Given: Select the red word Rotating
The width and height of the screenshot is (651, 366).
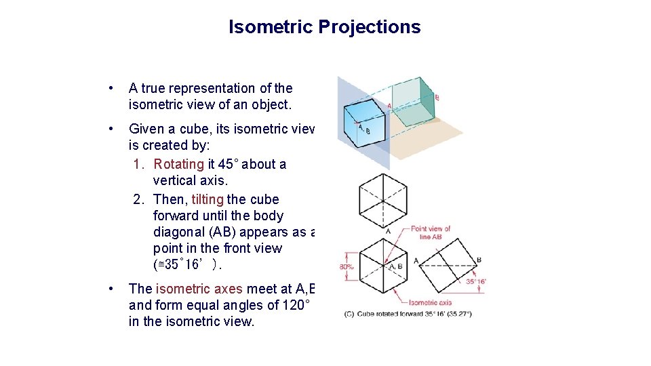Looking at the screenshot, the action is pyautogui.click(x=178, y=164).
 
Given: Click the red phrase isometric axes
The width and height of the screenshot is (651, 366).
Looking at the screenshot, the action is pyautogui.click(x=204, y=289).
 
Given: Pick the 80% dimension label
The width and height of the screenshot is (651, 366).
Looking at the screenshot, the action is pyautogui.click(x=346, y=267).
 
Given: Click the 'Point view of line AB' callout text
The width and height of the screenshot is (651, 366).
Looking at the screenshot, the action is pyautogui.click(x=431, y=232).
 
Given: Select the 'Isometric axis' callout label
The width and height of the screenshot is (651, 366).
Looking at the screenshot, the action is pyautogui.click(x=431, y=303).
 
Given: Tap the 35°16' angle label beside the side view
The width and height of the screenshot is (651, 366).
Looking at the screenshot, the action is pyautogui.click(x=475, y=281).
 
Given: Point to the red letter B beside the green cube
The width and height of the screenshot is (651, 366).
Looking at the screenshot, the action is pyautogui.click(x=437, y=98).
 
